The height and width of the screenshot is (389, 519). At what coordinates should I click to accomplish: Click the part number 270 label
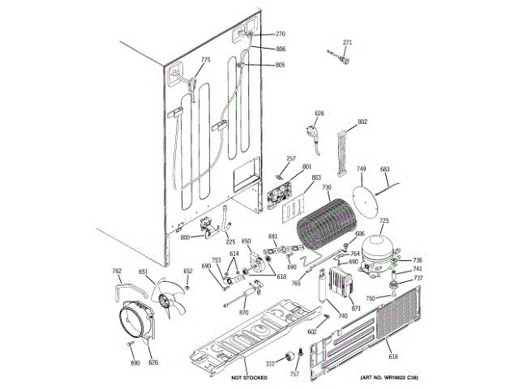coord(281,34)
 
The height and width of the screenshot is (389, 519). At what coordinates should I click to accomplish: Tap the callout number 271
coord(347,42)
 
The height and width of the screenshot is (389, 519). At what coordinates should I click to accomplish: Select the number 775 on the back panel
coord(205,60)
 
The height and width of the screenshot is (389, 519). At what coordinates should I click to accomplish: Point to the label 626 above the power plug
coord(319,113)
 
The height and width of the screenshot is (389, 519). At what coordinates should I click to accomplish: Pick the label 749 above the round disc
coord(361,169)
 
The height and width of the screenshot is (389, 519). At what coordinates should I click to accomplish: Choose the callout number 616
coord(393,357)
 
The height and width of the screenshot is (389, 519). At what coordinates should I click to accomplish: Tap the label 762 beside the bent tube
coord(117,271)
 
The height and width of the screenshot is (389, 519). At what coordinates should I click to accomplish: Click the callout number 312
coord(271,364)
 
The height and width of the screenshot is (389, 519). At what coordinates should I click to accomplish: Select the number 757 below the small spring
coord(294,374)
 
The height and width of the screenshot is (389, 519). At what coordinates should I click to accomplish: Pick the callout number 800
coord(185,237)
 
